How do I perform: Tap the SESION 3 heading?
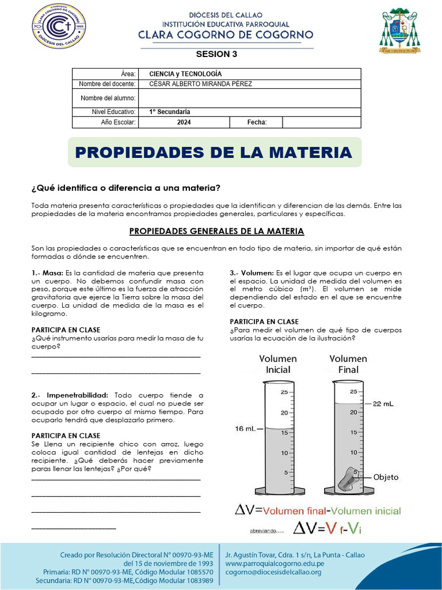216,55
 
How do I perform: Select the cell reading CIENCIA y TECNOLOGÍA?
185,74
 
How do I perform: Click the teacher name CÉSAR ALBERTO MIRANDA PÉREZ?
200,84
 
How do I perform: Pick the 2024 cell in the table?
184,122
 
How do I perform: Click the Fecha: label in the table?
257,122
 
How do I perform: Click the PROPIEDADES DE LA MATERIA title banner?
214,152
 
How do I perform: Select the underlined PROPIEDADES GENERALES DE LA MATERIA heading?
216,231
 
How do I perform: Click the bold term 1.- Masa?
47,273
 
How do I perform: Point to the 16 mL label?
245,429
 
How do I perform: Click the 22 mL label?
383,404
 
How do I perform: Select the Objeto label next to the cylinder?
386,477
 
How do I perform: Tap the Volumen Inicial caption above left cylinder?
278,364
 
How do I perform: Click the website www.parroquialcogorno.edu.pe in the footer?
275,563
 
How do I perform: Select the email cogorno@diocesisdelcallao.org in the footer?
273,572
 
